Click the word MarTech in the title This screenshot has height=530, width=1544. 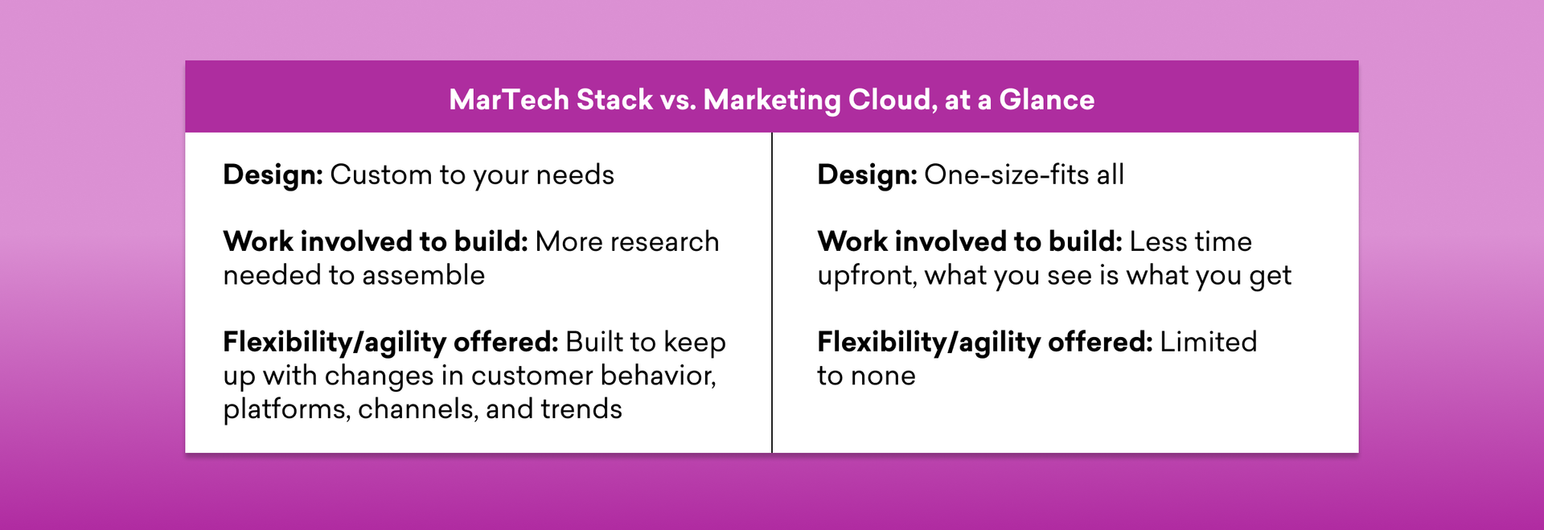pos(509,100)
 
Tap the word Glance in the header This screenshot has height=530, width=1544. pos(1046,100)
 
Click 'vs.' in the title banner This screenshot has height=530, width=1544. pos(678,101)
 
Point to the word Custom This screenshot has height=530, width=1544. pos(381,175)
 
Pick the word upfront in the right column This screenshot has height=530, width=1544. pos(867,276)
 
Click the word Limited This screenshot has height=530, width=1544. pos(1208,342)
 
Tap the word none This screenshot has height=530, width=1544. pos(883,376)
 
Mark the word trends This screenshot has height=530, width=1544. pos(581,409)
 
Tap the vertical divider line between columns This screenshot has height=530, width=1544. pos(772,293)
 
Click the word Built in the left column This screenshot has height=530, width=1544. pos(593,342)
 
